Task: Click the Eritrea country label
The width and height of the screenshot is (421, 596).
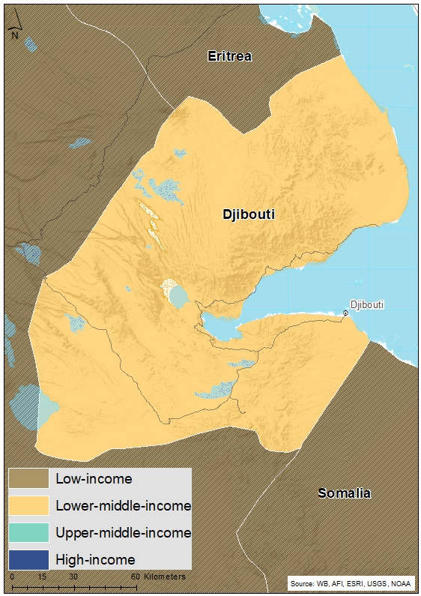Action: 230,56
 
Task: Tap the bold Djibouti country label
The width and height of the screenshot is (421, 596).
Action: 249,214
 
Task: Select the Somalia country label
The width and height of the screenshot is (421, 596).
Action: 344,493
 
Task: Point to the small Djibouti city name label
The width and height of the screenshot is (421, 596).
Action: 367,304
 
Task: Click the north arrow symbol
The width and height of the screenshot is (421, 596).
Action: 14,29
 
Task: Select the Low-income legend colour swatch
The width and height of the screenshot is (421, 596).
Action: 29,478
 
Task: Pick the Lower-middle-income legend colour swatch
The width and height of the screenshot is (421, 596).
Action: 29,505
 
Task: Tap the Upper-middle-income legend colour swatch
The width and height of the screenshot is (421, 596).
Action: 29,532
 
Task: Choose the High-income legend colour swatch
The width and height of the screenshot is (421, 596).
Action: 29,559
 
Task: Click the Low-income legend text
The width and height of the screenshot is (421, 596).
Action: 94,478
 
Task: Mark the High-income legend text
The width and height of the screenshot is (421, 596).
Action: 95,559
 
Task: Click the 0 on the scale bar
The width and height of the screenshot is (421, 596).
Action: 13,577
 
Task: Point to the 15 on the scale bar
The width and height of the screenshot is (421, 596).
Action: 42,577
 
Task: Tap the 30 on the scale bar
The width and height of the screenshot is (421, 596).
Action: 73,577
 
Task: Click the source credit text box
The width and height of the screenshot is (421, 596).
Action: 351,583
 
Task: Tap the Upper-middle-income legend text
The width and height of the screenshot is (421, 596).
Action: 124,532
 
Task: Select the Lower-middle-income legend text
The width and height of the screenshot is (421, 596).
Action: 124,505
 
